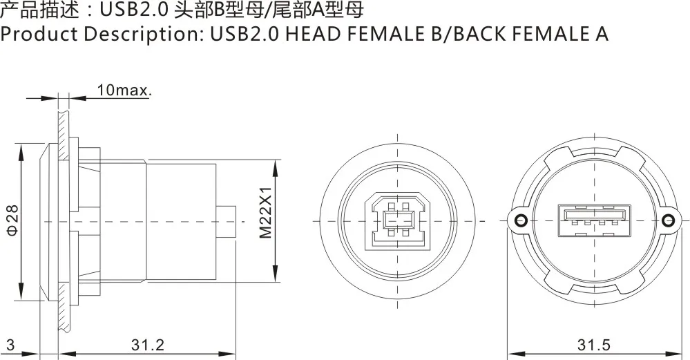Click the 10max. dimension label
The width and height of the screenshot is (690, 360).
coord(124,90)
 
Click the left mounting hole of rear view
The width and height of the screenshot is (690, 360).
coord(520,220)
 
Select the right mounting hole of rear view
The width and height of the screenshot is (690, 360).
coord(667,220)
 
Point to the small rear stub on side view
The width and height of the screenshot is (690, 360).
coord(227,221)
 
